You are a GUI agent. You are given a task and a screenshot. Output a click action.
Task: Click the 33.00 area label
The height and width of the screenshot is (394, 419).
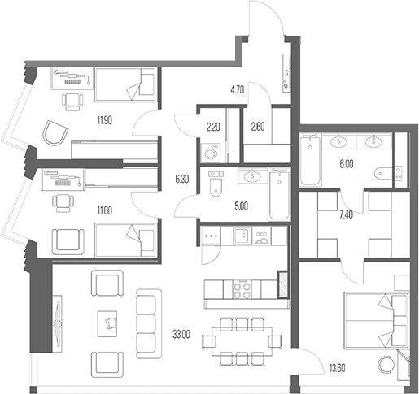point(181,335)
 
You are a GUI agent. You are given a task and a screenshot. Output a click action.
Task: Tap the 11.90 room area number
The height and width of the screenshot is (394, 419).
point(105,119)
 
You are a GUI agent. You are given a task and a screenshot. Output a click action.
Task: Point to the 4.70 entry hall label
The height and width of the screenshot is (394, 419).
point(238,89)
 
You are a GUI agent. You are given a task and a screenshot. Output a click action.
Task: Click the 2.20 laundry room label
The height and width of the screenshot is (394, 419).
point(213,127)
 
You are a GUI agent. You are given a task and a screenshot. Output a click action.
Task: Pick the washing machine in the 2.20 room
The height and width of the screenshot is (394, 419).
point(211,154)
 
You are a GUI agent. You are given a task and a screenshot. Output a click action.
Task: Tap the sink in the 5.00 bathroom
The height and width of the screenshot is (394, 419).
point(253,175)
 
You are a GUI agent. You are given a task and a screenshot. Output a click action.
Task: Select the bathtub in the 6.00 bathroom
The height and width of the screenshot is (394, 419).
point(310,160)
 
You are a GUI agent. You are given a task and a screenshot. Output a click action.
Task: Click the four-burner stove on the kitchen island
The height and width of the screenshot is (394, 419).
point(242,289)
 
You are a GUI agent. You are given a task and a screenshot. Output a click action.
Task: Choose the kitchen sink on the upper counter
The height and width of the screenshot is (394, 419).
point(243,236)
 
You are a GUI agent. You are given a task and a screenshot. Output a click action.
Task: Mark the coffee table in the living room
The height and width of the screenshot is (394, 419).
point(107,323)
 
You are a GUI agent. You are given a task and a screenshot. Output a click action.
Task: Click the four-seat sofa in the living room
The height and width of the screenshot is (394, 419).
point(149,323)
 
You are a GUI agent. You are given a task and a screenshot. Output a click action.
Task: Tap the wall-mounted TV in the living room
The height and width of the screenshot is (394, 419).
point(57,323)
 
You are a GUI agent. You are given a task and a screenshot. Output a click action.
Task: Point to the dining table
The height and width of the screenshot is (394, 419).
point(242,342)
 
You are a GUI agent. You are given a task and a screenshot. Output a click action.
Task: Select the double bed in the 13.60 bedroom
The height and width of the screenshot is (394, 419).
point(377,320)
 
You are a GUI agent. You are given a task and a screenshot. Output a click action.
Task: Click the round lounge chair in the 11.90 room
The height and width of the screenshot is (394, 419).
point(56,133)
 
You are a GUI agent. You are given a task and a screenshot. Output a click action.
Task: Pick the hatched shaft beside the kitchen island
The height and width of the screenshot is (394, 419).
point(282,284)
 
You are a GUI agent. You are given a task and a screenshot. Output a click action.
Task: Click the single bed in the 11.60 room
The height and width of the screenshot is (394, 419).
point(125,240)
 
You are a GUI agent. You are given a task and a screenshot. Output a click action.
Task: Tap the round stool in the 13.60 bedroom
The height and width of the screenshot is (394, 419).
point(386,363)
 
